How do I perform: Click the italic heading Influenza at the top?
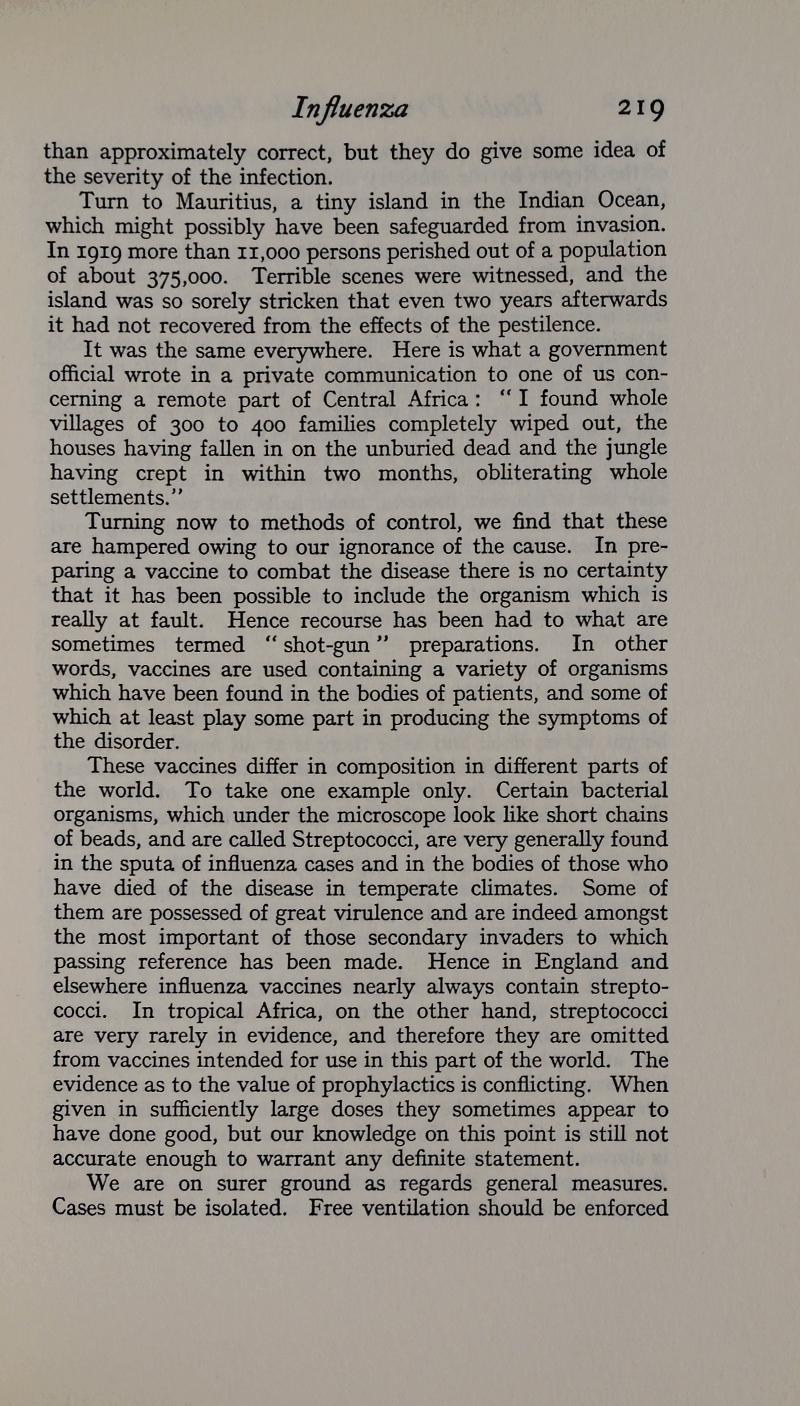tap(350, 109)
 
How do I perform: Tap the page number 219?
tap(641, 109)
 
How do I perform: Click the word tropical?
tap(205, 1011)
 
